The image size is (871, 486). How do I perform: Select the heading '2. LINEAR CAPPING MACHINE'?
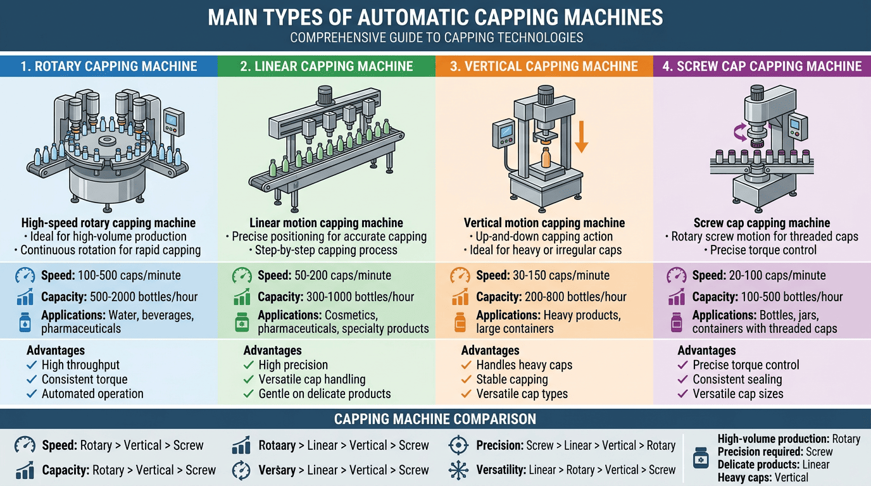coord(326,66)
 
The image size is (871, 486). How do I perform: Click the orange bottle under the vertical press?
coord(546,158)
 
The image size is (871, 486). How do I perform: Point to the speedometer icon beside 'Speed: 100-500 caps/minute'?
coord(25,275)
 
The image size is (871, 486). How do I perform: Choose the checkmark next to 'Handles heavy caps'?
coord(467,365)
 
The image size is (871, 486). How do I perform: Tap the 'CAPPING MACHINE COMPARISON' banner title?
coord(435,419)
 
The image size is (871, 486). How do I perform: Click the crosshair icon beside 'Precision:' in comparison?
coord(458,445)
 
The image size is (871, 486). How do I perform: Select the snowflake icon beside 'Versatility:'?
coord(458,470)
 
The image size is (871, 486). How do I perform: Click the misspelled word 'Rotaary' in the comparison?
coord(277,445)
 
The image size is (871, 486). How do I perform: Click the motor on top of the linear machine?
coord(325,96)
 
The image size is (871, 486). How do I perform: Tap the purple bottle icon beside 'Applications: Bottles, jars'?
coord(677,322)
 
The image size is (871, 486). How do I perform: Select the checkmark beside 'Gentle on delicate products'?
coord(248,394)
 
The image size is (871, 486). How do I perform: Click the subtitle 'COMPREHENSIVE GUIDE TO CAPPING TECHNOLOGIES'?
coord(436,38)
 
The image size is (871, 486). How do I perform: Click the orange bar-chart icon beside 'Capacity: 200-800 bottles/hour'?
coord(460,297)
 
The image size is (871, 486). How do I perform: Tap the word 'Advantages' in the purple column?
coord(706,351)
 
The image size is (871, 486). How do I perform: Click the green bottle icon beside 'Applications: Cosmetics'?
coord(242,322)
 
